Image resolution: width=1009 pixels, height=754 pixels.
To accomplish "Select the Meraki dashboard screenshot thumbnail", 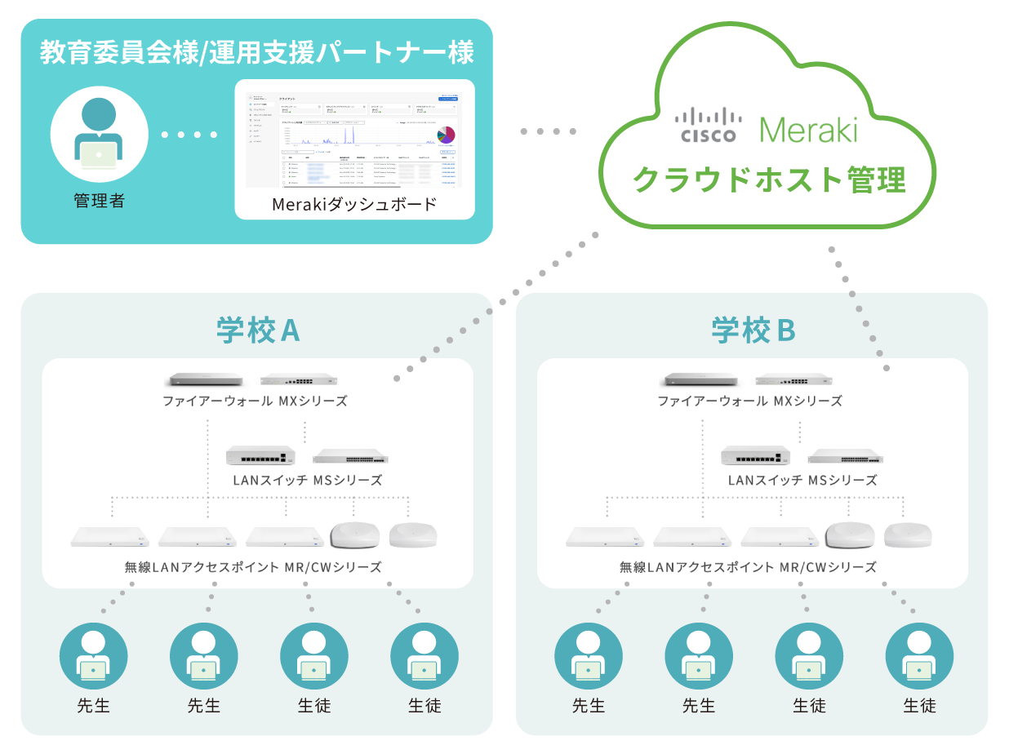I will tap(354, 135).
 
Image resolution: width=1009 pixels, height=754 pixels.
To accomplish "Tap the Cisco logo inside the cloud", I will tap(707, 126).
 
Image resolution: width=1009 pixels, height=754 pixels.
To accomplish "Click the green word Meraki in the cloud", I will tap(808, 128).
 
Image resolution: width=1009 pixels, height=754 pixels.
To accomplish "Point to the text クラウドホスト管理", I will tap(770, 178).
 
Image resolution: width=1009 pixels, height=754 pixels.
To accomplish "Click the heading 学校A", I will tap(257, 330).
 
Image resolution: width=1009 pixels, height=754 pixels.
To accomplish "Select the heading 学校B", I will tap(752, 330).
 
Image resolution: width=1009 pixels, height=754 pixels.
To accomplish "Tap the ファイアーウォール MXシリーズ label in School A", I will tap(255, 401).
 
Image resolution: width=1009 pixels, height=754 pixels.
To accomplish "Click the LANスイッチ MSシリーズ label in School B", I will tap(802, 481).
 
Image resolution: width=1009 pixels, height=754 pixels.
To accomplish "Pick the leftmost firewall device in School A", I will tap(205, 379).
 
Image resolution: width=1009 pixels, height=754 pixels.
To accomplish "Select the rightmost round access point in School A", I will tap(412, 535).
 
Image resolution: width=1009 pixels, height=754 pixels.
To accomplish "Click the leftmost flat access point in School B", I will tap(603, 537).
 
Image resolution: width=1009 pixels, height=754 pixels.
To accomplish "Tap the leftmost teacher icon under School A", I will tap(94, 657).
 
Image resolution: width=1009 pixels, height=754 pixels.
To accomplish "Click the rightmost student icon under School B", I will tap(919, 657).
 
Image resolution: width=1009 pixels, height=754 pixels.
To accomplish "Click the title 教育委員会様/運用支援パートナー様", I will tap(257, 53).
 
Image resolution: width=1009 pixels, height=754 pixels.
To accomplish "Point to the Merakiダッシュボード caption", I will tap(354, 204).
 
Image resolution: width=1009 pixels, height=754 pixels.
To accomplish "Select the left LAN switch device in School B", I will tap(755, 455).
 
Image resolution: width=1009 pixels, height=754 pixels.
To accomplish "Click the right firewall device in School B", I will tap(793, 379).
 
